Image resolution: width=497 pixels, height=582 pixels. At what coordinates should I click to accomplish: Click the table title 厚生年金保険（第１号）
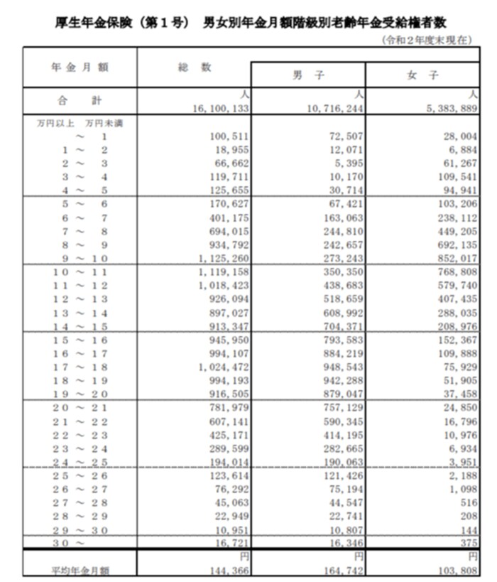click(121, 22)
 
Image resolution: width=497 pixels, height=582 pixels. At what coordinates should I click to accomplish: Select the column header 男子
click(308, 75)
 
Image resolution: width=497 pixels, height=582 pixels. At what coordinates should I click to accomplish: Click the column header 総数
click(194, 67)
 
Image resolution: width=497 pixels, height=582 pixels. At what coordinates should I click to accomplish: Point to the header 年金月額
click(80, 67)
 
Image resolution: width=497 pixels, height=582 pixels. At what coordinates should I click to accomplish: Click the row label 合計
click(80, 101)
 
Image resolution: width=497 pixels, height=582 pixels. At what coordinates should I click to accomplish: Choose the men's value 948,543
click(337, 367)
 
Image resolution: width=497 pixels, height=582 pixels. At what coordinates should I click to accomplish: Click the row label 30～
click(68, 543)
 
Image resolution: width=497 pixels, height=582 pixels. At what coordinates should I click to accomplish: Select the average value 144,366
click(222, 570)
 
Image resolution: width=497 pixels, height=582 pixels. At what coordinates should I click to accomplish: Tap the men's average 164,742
click(337, 570)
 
